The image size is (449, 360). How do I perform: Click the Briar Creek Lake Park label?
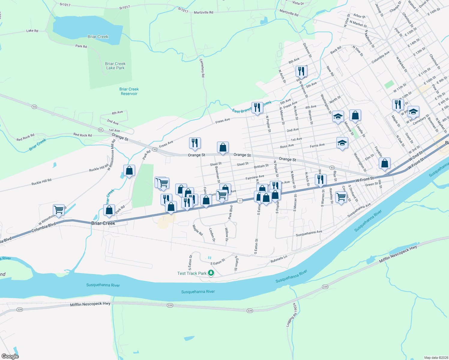click(115, 66)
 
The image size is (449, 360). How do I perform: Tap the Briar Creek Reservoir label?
click(129, 91)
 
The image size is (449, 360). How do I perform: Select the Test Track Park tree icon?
click(211, 273)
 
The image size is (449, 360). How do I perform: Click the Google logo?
click(10, 356)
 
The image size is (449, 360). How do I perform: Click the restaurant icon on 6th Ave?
click(301, 71)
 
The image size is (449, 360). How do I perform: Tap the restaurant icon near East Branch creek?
click(257, 108)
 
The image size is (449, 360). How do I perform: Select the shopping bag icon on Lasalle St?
click(355, 115)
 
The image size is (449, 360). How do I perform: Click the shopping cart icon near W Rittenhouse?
click(59, 210)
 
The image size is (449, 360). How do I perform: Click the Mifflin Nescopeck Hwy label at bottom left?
click(90, 304)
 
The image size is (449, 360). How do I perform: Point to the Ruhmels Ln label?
click(279, 259)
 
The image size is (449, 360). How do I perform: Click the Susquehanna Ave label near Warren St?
click(309, 233)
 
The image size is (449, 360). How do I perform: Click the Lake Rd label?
click(32, 31)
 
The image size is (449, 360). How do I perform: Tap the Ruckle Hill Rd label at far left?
click(41, 182)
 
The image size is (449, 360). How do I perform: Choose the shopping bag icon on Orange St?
click(223, 147)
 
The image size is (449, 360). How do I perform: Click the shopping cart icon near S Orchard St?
click(341, 197)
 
